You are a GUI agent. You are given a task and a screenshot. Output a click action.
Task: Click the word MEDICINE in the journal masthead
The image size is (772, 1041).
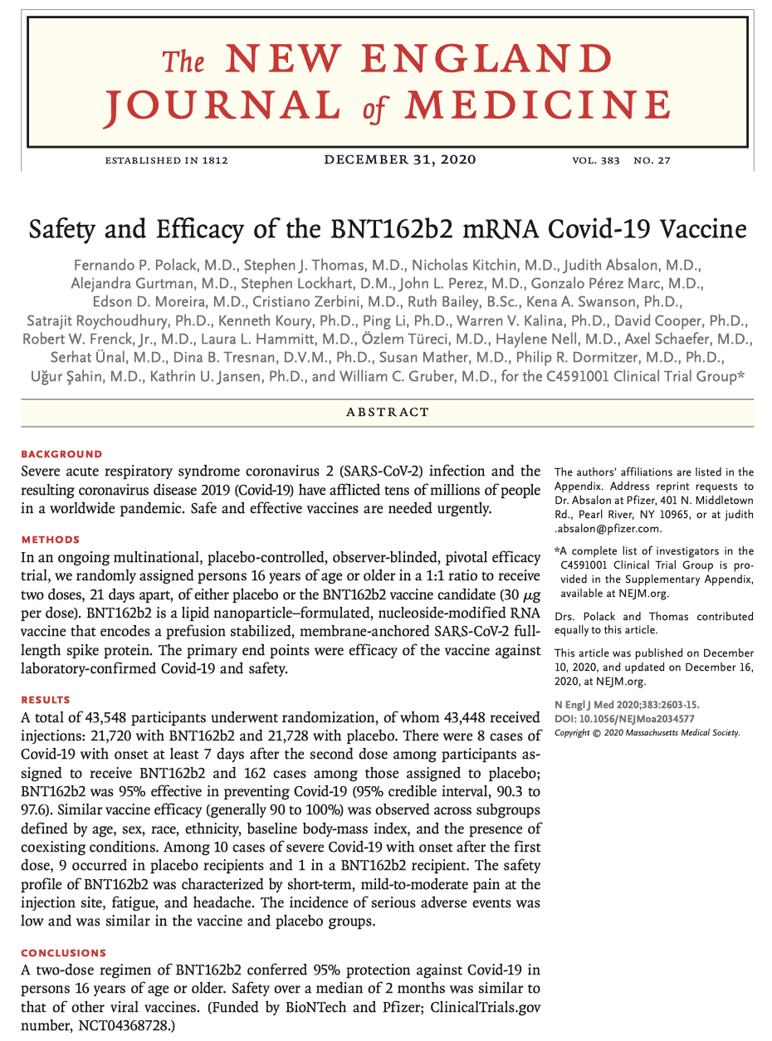pyautogui.click(x=539, y=105)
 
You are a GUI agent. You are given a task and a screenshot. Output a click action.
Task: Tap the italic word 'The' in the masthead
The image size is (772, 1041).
pyautogui.click(x=182, y=61)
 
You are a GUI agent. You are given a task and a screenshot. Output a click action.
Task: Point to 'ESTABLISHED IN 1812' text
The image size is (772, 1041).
pyautogui.click(x=166, y=160)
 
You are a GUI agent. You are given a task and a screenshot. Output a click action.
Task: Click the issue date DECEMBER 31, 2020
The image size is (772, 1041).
pyautogui.click(x=400, y=159)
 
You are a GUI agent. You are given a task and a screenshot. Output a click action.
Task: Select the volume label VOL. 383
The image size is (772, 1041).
pyautogui.click(x=595, y=160)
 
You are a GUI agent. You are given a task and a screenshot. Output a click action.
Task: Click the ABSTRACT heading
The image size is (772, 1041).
pyautogui.click(x=388, y=412)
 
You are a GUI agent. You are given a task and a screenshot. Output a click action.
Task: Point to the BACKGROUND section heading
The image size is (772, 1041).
pyautogui.click(x=61, y=454)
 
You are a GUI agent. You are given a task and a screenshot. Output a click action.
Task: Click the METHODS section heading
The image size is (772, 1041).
pyautogui.click(x=51, y=540)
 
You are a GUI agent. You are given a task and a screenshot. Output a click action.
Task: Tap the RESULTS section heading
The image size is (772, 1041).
pyautogui.click(x=46, y=700)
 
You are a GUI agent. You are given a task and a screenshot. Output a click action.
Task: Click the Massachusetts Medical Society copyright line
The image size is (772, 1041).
pyautogui.click(x=647, y=733)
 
